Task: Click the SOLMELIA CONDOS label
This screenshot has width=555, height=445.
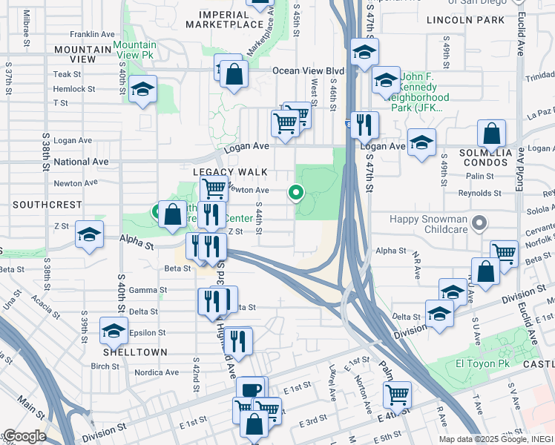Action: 486,157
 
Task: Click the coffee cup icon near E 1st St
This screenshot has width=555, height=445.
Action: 251,389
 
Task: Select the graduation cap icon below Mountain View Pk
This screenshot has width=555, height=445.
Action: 142,90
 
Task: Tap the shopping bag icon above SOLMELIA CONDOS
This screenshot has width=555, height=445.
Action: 491,134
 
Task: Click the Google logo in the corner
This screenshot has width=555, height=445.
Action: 24,436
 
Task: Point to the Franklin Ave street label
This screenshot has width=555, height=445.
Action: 92,34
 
